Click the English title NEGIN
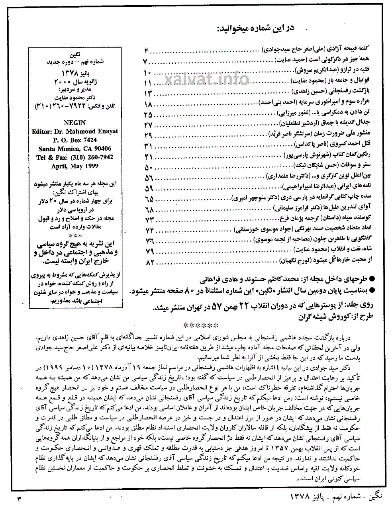click(x=75, y=123)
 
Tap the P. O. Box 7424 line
click(x=75, y=140)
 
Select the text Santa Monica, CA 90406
click(x=75, y=149)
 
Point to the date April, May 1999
click(x=75, y=166)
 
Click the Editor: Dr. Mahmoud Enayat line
click(x=75, y=131)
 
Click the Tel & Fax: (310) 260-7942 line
click(x=75, y=157)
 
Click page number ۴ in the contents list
click(x=147, y=51)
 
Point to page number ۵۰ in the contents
click(x=149, y=167)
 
